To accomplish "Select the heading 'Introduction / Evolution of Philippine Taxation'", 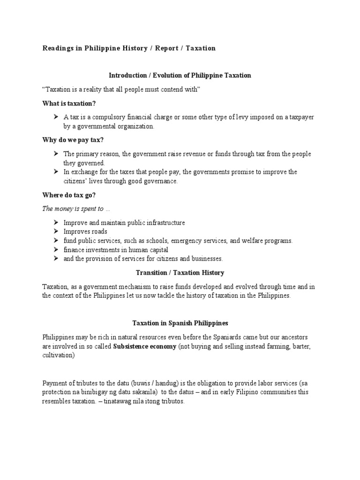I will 180,75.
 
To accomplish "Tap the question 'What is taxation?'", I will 72,103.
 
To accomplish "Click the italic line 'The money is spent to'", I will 73,209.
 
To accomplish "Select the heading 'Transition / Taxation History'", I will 180,272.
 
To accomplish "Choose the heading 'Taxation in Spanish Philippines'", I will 180,323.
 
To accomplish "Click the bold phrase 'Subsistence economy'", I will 145,346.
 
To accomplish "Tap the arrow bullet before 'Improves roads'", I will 56,232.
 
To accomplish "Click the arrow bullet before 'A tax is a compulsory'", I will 56,117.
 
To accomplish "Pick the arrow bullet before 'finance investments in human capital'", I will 56,250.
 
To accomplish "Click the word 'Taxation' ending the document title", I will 201,48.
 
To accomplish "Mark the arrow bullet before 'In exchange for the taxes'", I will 56,172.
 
